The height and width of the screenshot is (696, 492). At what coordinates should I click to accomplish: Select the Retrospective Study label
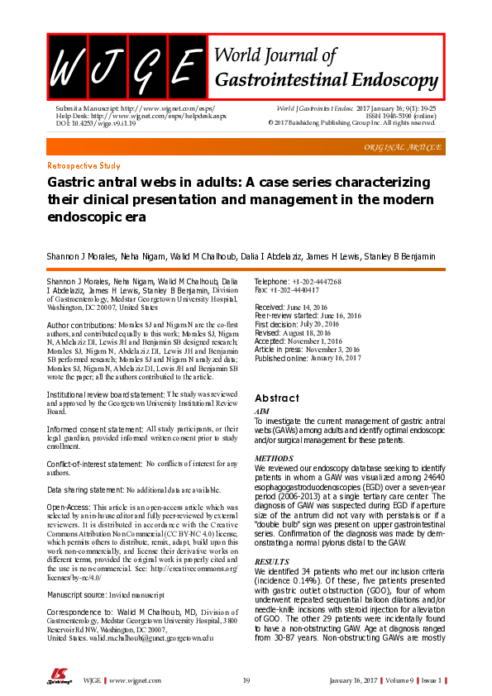pos(84,166)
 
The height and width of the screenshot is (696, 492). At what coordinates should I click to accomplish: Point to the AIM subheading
pos(261,411)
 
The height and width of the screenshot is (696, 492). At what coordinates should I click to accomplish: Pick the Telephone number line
pos(297,282)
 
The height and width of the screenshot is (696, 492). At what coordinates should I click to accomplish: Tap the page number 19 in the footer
pos(246,680)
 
